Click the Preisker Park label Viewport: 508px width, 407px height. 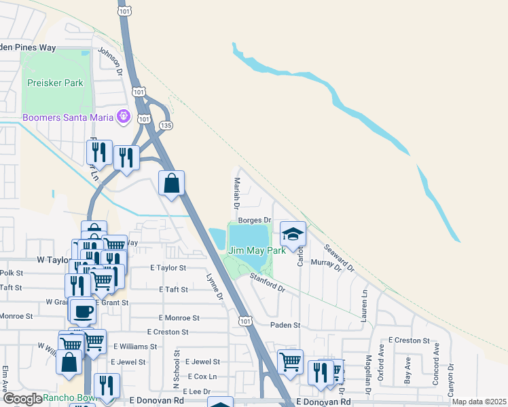tap(55, 83)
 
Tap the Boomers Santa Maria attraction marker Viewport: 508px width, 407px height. tap(123, 117)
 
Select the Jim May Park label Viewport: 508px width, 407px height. tap(257, 250)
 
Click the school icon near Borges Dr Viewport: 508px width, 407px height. tap(293, 235)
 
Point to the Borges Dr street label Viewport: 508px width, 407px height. tap(255, 220)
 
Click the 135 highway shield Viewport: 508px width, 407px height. tap(166, 125)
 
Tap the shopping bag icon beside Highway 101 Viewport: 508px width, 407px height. tap(172, 182)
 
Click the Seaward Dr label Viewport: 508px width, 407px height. tap(340, 258)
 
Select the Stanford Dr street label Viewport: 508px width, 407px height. tap(266, 282)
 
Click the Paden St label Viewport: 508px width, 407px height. tap(285, 326)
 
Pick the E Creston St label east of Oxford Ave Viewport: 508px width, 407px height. tap(409, 340)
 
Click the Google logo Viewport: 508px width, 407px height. tap(22, 399)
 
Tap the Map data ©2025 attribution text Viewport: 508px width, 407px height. tap(479, 402)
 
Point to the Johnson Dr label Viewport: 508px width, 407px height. tap(111, 60)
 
